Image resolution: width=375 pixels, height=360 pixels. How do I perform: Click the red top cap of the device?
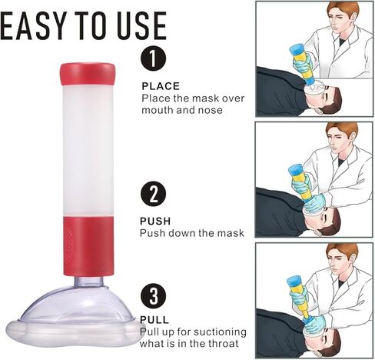pos(88,74)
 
